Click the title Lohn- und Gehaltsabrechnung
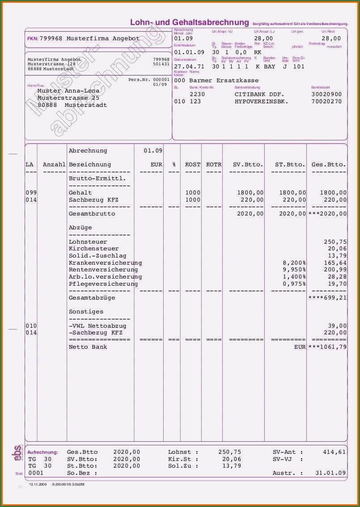[x=189, y=22]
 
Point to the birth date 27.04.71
[x=189, y=67]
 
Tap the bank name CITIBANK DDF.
[x=259, y=94]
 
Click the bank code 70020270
[x=326, y=101]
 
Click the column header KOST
[x=193, y=165]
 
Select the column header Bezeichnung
[x=90, y=165]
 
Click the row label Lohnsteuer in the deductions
[x=88, y=242]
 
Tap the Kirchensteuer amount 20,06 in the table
[x=337, y=249]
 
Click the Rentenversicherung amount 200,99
[x=335, y=270]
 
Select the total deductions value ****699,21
[x=327, y=298]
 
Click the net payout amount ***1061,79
[x=327, y=347]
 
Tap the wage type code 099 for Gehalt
[x=31, y=193]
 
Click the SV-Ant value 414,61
[x=334, y=452]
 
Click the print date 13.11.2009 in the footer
[x=38, y=484]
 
